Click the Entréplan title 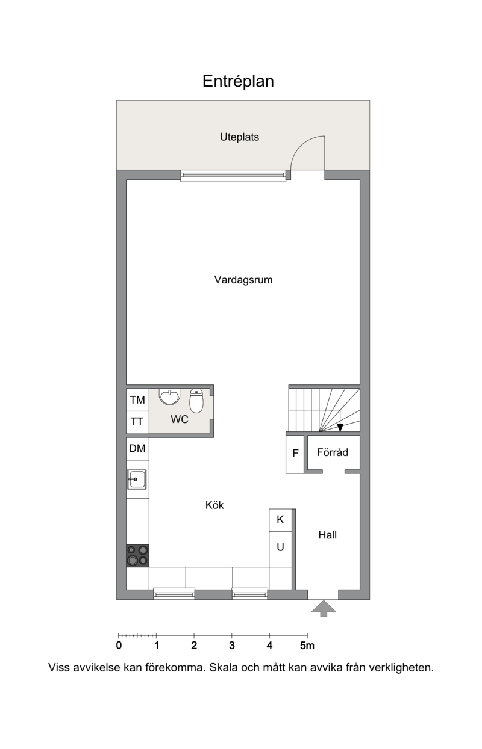click(x=238, y=81)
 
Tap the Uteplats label click(x=239, y=137)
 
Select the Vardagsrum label click(x=243, y=280)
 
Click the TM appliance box click(x=137, y=400)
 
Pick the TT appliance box click(x=137, y=422)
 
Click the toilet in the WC click(x=196, y=401)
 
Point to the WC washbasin click(x=170, y=396)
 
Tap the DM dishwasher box click(x=137, y=449)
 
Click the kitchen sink click(x=137, y=479)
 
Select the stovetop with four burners click(x=137, y=555)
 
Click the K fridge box click(x=280, y=520)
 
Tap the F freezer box click(x=295, y=454)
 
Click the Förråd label click(x=332, y=452)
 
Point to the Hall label click(x=327, y=535)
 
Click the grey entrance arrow click(x=323, y=608)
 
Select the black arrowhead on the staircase click(x=340, y=428)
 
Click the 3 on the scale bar click(x=232, y=646)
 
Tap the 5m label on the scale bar click(x=307, y=646)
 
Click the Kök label click(x=214, y=505)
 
